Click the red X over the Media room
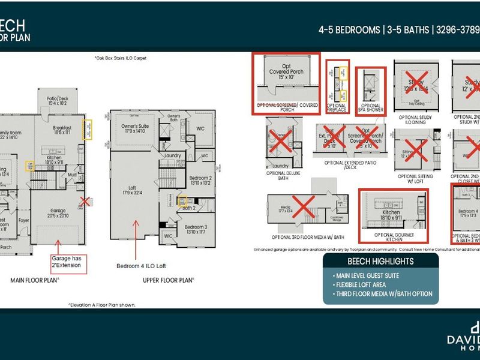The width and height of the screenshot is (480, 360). [304, 208]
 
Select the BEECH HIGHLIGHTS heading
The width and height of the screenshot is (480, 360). [380, 262]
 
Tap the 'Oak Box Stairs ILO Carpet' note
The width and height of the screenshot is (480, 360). [120, 58]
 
